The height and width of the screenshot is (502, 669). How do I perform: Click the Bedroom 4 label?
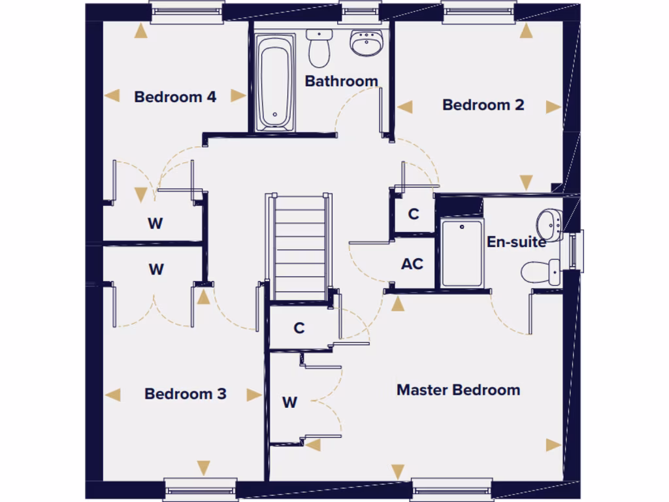(175, 97)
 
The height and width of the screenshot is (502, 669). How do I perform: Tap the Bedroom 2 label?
(483, 105)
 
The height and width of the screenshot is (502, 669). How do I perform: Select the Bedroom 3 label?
(186, 393)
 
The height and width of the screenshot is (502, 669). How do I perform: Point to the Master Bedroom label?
(459, 390)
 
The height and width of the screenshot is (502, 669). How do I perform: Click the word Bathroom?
(341, 81)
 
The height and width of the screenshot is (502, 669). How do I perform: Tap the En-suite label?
(516, 242)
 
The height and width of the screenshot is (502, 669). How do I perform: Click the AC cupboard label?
(412, 264)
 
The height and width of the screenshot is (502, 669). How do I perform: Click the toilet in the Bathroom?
(319, 49)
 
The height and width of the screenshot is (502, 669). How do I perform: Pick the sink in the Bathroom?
(365, 43)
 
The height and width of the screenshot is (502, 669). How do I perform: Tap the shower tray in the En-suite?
(462, 253)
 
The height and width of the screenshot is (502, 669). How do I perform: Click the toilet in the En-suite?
(542, 271)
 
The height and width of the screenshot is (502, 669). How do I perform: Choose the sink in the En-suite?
(551, 224)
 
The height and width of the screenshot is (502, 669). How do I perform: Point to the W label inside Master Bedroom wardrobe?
(289, 403)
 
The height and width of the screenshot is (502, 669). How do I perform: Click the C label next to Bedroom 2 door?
(414, 214)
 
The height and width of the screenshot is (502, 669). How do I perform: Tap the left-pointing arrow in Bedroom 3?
(113, 394)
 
